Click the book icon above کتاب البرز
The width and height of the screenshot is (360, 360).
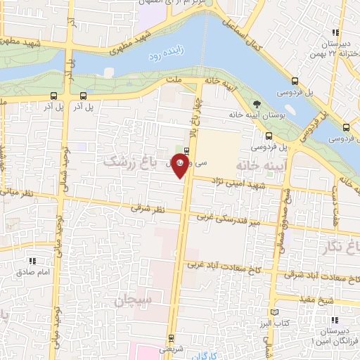click(x=274, y=311)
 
